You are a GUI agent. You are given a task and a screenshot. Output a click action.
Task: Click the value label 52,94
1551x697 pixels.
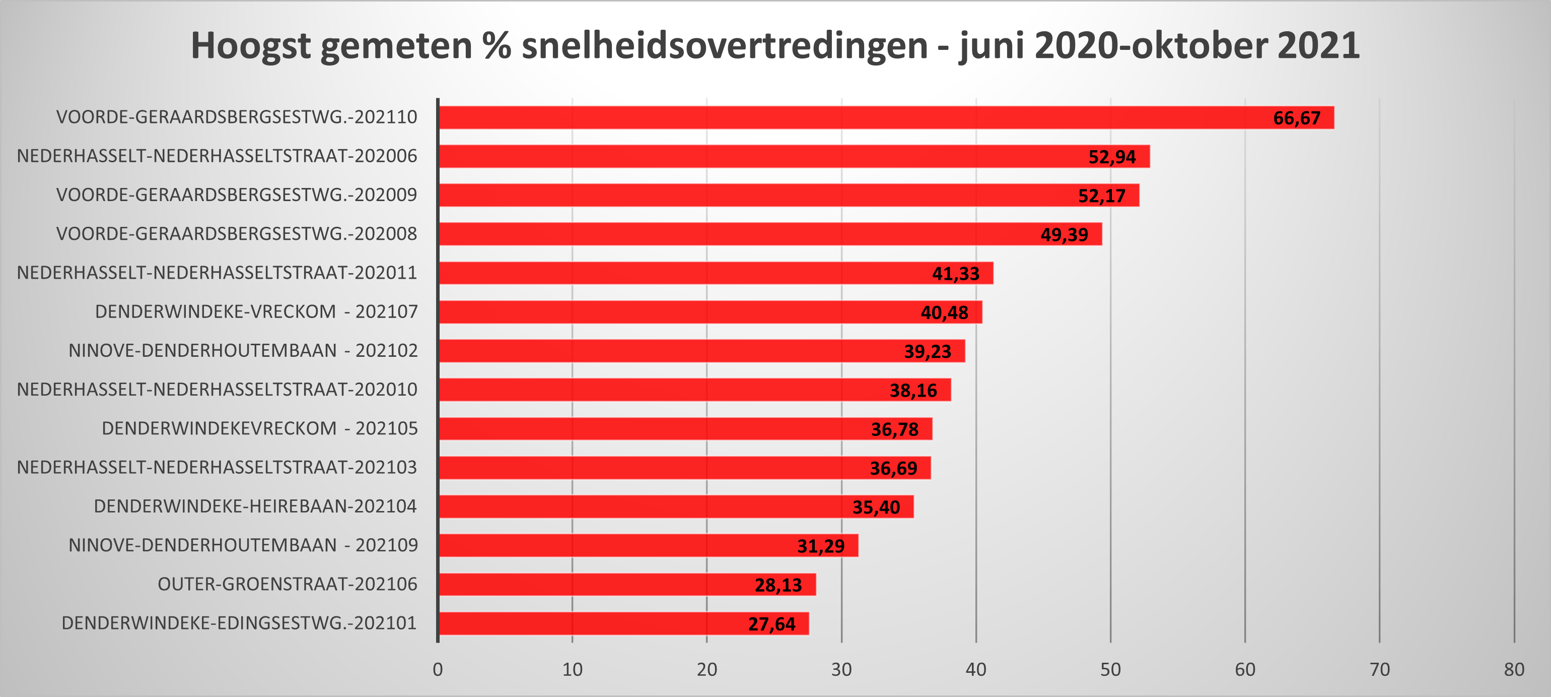click(1111, 157)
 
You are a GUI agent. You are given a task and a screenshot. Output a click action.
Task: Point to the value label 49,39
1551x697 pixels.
click(1064, 234)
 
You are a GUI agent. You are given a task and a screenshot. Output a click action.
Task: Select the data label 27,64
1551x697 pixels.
click(771, 624)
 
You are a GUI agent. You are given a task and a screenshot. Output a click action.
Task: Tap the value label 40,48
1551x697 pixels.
click(944, 312)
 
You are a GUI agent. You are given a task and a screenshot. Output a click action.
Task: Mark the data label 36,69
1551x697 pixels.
click(893, 468)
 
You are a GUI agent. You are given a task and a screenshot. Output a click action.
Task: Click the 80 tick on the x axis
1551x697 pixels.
click(1514, 670)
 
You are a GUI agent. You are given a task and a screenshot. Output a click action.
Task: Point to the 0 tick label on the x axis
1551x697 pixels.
click(438, 670)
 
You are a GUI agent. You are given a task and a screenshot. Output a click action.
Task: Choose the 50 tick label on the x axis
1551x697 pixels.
click(1110, 670)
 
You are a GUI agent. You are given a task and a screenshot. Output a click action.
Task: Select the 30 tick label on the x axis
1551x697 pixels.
click(841, 670)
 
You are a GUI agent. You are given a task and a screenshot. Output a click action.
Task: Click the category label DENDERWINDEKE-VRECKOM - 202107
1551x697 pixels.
click(256, 311)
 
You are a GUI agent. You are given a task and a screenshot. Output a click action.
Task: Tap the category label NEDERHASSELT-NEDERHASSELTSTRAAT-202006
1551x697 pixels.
click(217, 156)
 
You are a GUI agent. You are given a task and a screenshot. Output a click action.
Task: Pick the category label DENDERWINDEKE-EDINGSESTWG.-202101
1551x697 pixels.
click(239, 623)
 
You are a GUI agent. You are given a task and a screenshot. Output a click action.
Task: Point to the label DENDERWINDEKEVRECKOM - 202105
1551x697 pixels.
click(259, 428)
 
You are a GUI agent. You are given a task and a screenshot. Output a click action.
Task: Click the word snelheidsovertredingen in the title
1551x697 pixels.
click(724, 46)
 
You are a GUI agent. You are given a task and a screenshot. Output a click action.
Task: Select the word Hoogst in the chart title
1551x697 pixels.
click(250, 46)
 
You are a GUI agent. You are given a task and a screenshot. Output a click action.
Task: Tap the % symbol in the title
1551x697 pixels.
click(497, 46)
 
